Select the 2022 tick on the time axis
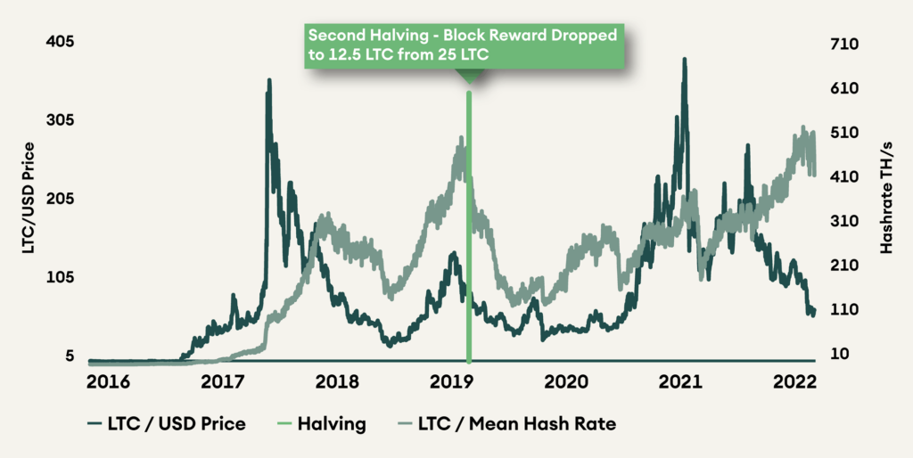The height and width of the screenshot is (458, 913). [795, 382]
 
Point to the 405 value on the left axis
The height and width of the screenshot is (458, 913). [60, 42]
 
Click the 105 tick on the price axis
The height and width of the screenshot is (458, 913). [60, 278]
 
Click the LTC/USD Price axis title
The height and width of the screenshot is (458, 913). [29, 198]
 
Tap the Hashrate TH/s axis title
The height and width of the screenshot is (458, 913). [885, 198]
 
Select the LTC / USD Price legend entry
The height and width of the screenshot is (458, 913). [167, 424]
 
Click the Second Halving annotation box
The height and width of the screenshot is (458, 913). [463, 44]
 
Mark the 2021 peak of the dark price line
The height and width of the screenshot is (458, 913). [684, 61]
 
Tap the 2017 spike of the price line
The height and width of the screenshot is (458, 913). [268, 81]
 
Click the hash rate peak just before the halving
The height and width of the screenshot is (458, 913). [460, 138]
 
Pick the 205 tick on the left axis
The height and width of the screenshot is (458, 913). [60, 199]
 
